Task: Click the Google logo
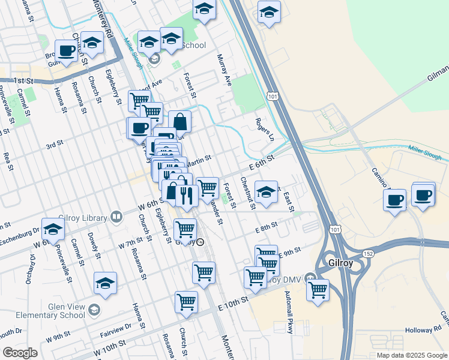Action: (20, 352)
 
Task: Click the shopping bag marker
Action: (179, 122)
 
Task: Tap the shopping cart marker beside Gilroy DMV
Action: (317, 290)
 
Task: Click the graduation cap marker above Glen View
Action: (105, 283)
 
